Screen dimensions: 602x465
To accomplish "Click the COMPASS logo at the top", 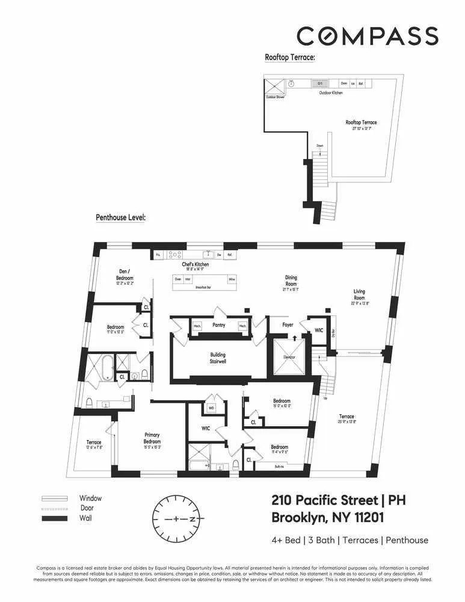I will (x=367, y=36).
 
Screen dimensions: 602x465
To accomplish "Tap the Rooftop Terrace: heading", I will (x=291, y=58).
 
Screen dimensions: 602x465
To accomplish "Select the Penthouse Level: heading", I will (x=121, y=217).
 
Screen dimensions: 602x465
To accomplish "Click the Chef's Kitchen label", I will (x=196, y=265).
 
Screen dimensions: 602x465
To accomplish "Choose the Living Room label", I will (x=359, y=294).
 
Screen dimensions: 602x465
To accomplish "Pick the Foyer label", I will (x=288, y=325).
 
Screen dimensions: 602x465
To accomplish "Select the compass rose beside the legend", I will (x=179, y=518).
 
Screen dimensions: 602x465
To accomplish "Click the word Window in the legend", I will (x=91, y=498).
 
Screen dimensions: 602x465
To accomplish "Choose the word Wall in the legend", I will (x=86, y=518).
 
